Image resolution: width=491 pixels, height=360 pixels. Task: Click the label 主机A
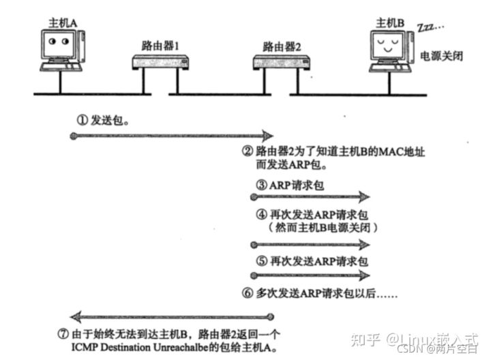coord(62,22)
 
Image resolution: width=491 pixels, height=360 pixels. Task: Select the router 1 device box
coord(158,63)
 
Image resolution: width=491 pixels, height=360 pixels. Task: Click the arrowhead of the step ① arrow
coord(268,136)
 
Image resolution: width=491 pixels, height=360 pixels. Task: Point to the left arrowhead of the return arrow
coord(76,316)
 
